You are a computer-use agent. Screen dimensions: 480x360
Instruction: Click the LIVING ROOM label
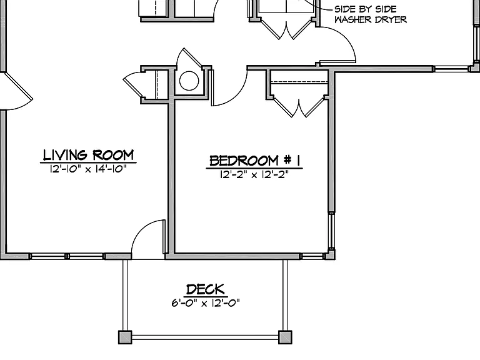pos(88,155)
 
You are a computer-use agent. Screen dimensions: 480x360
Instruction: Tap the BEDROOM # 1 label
pos(254,161)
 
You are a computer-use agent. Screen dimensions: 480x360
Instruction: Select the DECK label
pos(206,289)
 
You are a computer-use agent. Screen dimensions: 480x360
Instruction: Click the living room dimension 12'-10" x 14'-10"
pos(88,169)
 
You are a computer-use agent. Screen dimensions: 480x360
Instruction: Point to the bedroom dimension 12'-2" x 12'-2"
pos(254,174)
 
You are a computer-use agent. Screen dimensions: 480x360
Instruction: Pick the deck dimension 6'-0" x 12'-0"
pos(206,302)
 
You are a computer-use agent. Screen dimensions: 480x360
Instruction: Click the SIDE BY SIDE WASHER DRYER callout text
pos(371,14)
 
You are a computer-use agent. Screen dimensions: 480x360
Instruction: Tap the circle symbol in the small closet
pos(189,81)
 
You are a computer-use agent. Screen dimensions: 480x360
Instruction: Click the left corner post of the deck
pos(125,337)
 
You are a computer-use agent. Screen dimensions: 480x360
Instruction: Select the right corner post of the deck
pos(285,337)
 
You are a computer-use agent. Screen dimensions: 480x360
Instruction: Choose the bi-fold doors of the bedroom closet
pos(299,107)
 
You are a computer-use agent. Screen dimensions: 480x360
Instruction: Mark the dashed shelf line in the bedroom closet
pos(299,82)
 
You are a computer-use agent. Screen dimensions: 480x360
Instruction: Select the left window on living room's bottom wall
pos(48,256)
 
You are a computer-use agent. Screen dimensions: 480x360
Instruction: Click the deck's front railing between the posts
pos(205,337)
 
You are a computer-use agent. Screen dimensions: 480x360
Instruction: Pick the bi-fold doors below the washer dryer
pos(286,30)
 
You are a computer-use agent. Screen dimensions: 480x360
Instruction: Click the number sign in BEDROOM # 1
pos(287,160)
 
